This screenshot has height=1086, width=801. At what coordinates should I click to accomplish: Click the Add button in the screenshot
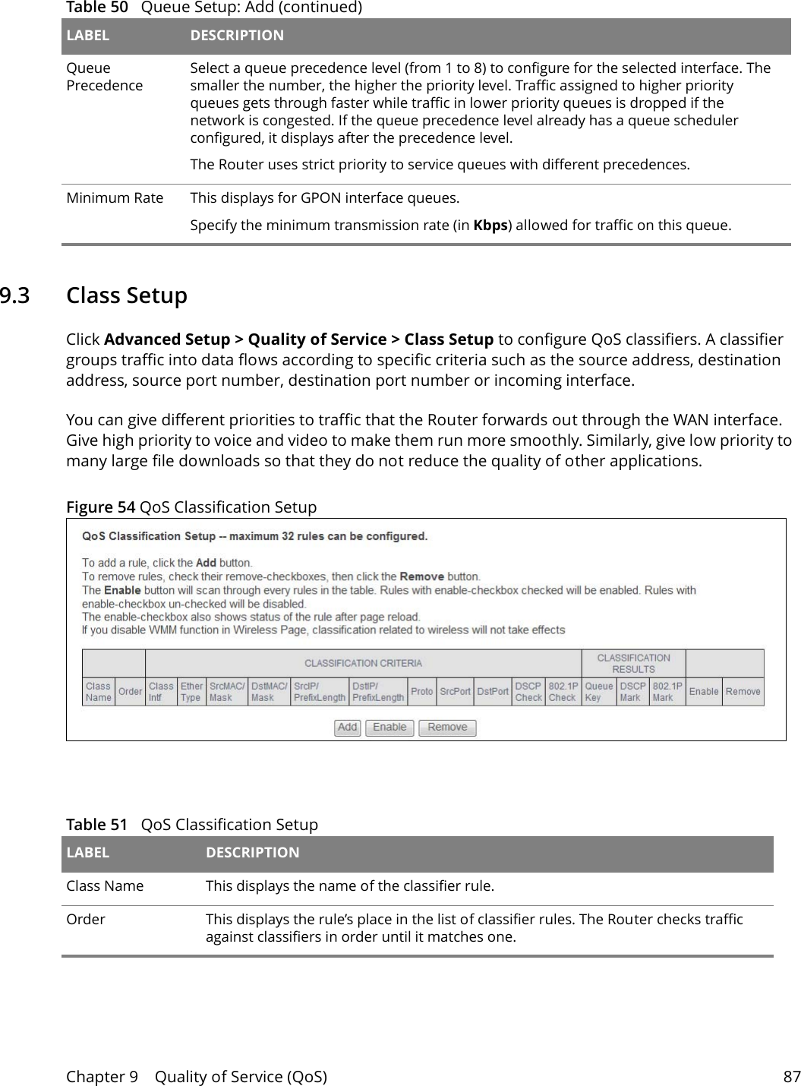point(347,728)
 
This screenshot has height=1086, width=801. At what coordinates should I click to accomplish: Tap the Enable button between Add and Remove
point(389,728)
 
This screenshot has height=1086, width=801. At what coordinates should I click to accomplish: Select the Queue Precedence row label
point(104,77)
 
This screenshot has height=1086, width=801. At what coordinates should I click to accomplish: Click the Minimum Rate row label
point(115,198)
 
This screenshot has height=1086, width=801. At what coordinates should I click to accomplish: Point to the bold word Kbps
point(490,226)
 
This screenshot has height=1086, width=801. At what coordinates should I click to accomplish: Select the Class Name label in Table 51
point(105,886)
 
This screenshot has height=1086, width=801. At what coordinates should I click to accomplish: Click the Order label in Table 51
point(86,919)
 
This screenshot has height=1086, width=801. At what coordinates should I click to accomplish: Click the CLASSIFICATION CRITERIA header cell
point(363,663)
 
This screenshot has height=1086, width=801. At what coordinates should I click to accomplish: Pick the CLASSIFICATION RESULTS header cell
point(633,663)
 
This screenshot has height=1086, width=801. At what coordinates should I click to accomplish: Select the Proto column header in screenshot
point(421,691)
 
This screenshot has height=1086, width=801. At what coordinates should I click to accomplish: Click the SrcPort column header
point(455,691)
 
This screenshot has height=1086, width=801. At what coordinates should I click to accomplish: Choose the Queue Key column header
point(598,691)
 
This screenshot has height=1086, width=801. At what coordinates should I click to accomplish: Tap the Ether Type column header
point(191,691)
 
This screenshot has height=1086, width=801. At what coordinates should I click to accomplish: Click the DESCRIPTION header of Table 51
point(252,852)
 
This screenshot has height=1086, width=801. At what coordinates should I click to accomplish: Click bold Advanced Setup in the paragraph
point(166,339)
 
